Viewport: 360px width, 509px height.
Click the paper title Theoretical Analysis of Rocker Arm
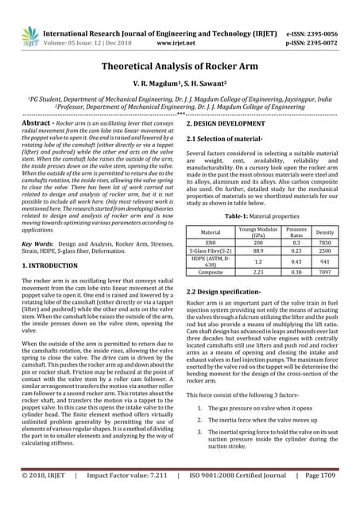[x=180, y=68]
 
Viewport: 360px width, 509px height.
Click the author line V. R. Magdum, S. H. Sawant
[x=180, y=88]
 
